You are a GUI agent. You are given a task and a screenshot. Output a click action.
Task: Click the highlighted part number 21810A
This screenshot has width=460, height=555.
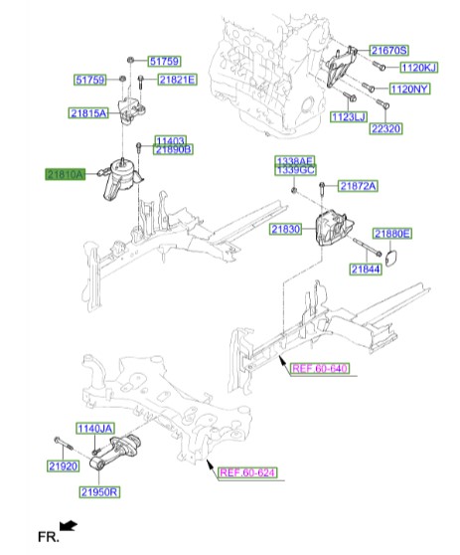(64, 174)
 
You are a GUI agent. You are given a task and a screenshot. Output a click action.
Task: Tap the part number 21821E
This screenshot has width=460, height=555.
(177, 80)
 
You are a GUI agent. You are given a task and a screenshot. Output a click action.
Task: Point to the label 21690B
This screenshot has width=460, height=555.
(173, 149)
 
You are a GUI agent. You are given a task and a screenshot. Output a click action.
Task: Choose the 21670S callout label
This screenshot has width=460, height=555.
(389, 50)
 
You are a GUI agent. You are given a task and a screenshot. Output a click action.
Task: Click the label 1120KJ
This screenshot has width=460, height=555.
(418, 67)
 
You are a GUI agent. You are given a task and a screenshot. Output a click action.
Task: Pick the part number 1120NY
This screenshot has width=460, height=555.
(408, 89)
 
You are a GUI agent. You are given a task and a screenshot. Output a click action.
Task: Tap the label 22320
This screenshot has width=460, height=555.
(385, 128)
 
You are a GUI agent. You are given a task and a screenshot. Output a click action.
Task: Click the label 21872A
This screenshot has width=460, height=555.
(357, 186)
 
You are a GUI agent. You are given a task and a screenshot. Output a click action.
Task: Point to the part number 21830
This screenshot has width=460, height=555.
(283, 229)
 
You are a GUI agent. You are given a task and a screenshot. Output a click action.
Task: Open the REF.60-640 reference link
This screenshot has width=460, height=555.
(320, 368)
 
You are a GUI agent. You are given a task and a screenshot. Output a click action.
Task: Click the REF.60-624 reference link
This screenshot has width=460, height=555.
(245, 472)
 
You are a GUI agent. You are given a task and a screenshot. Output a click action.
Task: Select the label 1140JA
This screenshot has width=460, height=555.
(97, 428)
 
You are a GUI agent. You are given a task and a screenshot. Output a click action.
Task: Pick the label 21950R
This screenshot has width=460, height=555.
(100, 491)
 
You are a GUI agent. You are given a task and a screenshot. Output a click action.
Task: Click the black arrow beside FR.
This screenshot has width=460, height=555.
(68, 524)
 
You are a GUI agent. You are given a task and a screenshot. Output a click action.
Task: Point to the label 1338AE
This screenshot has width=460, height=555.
(294, 160)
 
